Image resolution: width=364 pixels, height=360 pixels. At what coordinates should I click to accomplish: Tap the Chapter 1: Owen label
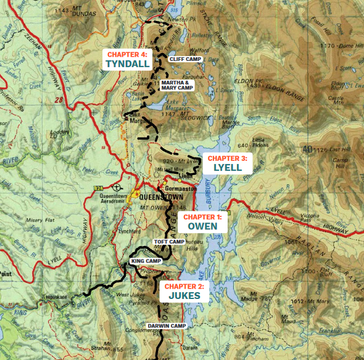coord(202,221)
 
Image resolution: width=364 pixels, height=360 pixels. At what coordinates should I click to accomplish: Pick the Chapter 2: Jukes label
coord(184,291)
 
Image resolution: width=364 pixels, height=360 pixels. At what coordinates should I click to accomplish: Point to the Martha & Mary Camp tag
coord(176,84)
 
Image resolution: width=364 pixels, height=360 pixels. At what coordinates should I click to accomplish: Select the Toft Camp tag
coord(168,242)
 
